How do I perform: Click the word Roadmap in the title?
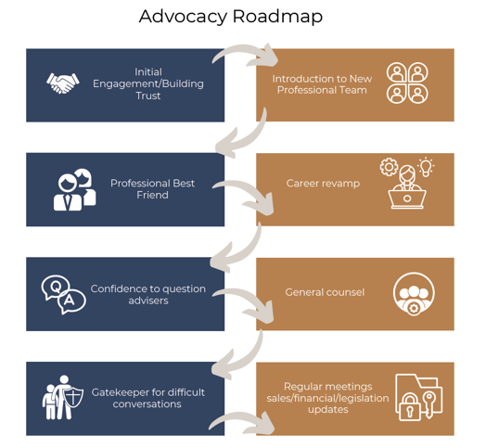pos(277,17)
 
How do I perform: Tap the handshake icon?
pos(63,83)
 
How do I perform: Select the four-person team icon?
pos(407,83)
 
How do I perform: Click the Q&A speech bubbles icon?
pos(64,295)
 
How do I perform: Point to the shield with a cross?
pos(73,397)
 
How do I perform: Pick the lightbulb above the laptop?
pos(426,167)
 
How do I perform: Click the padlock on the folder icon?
pos(409,406)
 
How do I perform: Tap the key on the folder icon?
pos(429,404)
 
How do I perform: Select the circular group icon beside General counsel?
pos(414,294)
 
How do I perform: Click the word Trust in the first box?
pos(148,96)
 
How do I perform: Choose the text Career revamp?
pos(323,184)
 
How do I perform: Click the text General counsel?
pos(325,292)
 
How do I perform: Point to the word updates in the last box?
pos(328,409)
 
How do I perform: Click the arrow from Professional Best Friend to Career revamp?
pos(245,193)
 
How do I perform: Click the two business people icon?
pos(75,190)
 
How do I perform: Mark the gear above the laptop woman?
pos(389,167)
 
